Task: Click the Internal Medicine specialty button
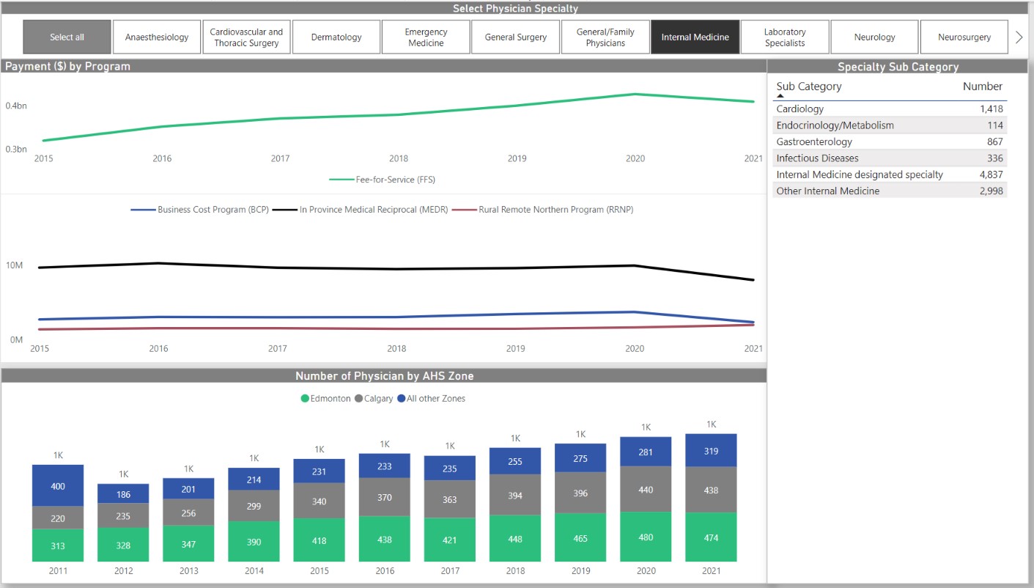click(695, 37)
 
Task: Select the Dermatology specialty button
click(336, 37)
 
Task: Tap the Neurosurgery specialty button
click(964, 37)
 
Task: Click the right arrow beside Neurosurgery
click(1019, 37)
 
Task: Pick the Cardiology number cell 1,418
click(991, 109)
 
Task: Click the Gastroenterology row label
click(814, 142)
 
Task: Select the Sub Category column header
click(808, 87)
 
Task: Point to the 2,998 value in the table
click(991, 191)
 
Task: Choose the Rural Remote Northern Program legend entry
click(542, 210)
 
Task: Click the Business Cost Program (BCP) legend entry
click(200, 210)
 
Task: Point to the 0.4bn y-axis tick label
click(16, 106)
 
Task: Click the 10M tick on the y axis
click(15, 265)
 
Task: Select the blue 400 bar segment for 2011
click(58, 485)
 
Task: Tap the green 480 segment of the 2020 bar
click(646, 537)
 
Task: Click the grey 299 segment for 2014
click(254, 506)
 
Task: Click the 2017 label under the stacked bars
click(450, 571)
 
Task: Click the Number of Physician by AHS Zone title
click(384, 376)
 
